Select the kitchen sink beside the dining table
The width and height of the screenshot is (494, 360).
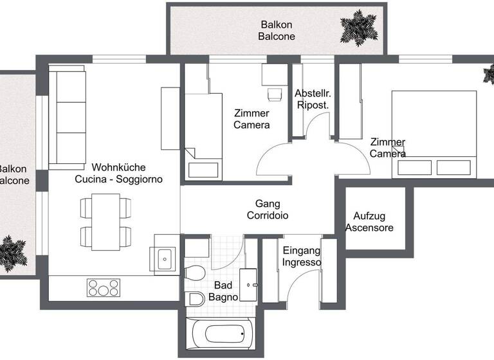[x=165, y=259]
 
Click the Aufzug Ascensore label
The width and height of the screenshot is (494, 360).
[x=369, y=222]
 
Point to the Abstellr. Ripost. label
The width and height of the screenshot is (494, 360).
[x=313, y=98]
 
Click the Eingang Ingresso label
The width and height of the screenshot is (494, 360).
[x=301, y=256]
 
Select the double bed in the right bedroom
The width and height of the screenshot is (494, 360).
[x=435, y=133]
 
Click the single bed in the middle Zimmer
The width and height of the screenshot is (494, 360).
[x=203, y=136]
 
